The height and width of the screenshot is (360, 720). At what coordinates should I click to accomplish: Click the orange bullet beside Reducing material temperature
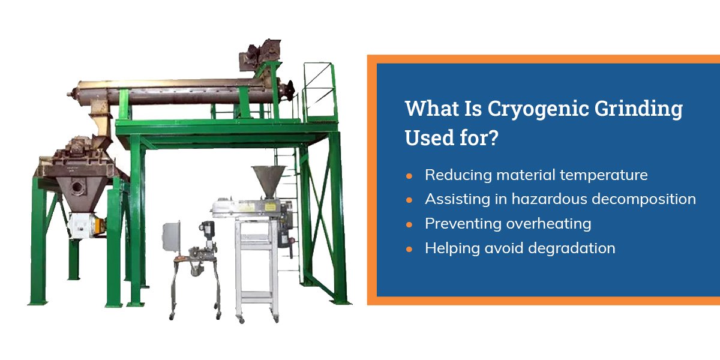(x=409, y=176)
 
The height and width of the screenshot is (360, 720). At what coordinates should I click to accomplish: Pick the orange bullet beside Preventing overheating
(x=409, y=224)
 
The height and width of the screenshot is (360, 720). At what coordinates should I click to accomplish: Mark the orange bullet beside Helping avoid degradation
(x=409, y=248)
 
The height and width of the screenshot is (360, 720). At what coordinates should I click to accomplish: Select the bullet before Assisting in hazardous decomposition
(x=409, y=200)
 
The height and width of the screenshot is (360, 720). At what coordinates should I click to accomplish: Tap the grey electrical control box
(x=172, y=238)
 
